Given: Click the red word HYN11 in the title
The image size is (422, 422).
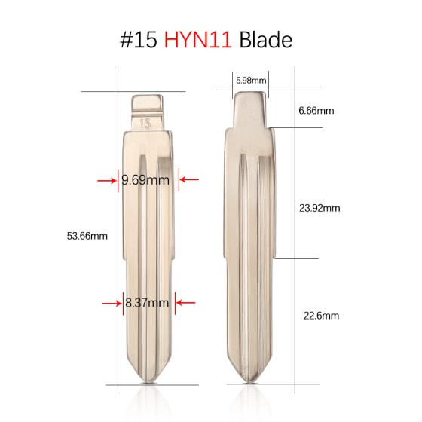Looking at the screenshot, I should pos(198,40).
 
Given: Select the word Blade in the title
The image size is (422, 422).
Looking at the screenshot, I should pos(265,40).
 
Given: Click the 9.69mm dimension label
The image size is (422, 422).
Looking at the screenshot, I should pos(146,180).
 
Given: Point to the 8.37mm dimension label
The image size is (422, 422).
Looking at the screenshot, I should pos(147,303).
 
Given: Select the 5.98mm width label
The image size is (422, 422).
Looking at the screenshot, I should pos(249,79).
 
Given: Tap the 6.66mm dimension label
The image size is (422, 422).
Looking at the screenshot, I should pos(316,111).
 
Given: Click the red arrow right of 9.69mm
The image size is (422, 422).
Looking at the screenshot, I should pos(188,179).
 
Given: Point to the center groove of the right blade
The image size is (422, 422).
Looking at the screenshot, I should pos(249,249).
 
